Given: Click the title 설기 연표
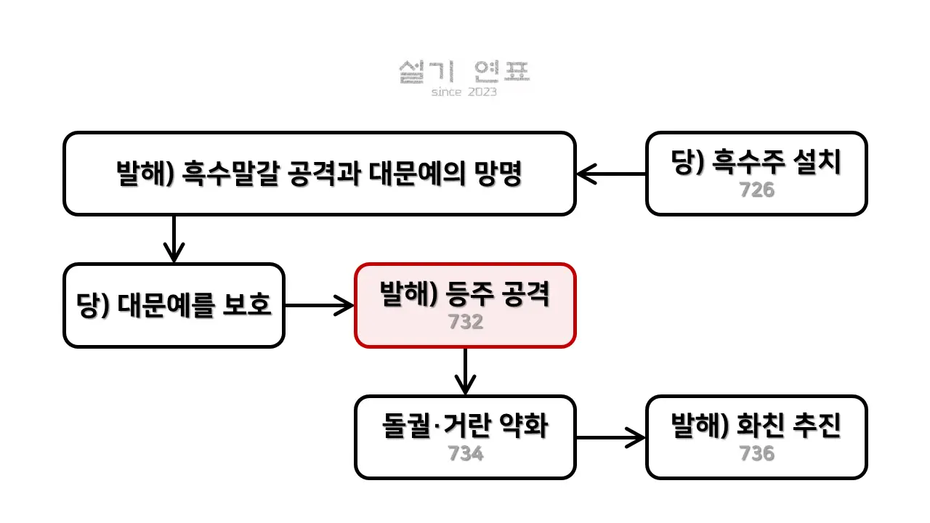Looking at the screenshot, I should (x=464, y=71).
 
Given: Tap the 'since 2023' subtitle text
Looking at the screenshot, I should (x=464, y=92).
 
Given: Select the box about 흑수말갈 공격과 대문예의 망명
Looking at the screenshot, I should (x=320, y=174).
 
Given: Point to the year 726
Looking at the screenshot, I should (x=756, y=190).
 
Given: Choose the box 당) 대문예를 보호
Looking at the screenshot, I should (x=174, y=305).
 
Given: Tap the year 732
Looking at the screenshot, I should (x=465, y=322).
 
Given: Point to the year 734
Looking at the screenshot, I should (x=465, y=453).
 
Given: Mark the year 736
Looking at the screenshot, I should (x=756, y=453).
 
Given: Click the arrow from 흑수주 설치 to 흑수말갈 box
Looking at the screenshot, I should (x=611, y=174).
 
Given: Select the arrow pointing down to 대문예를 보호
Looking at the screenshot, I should (x=174, y=239).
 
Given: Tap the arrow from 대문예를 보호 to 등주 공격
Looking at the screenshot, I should (x=319, y=305).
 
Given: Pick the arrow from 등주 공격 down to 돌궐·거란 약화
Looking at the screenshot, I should (x=465, y=371).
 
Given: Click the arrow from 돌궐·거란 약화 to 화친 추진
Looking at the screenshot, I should (x=610, y=437).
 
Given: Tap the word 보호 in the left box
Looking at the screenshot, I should (x=246, y=306).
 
